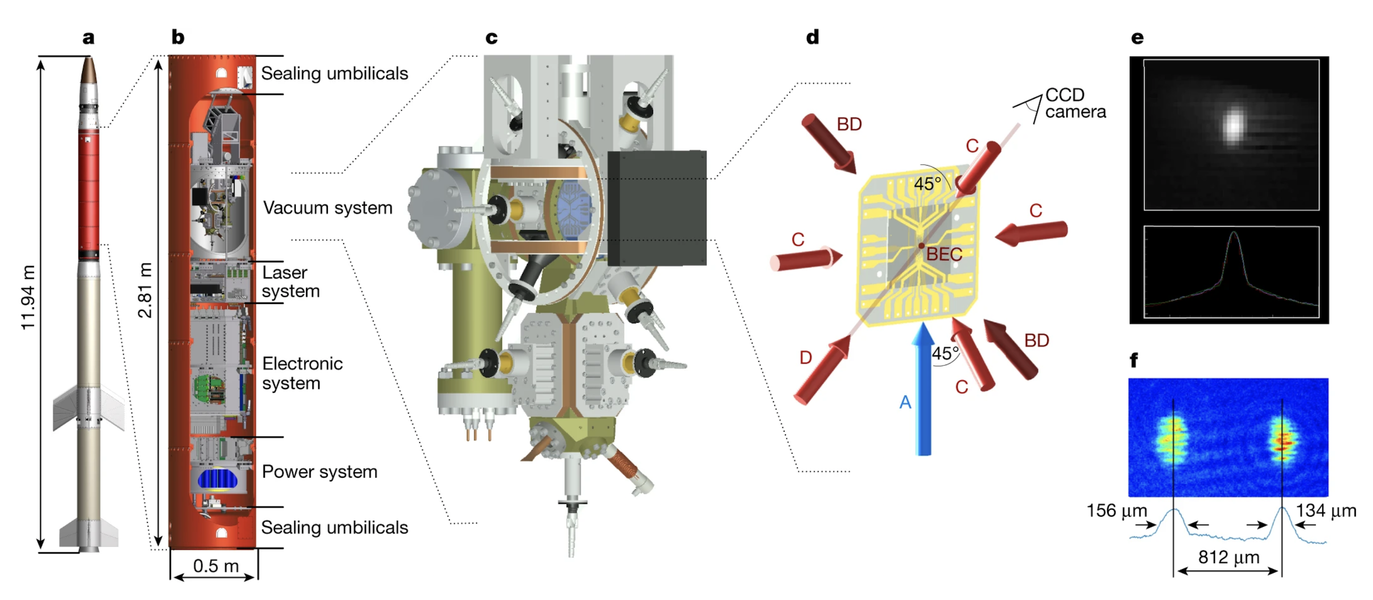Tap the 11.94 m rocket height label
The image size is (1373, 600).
[x=28, y=297]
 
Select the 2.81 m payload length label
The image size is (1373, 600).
[x=145, y=290]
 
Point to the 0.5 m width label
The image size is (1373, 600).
[x=215, y=565]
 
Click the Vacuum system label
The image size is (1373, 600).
[x=327, y=207]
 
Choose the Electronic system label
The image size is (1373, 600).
[x=302, y=373]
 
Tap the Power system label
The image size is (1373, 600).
[x=319, y=471]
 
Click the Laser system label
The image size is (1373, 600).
[x=291, y=282]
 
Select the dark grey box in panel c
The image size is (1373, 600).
[x=656, y=208]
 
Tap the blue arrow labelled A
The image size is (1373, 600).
[x=923, y=388]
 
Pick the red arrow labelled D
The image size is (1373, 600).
[x=822, y=369]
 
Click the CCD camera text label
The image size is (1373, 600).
[x=1074, y=103]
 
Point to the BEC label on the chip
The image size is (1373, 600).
[x=944, y=254]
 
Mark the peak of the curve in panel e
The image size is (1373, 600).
[x=1233, y=232]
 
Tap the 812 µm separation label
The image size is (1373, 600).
[x=1228, y=557]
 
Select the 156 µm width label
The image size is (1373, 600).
[x=1117, y=510]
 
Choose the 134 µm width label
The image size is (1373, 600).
[x=1325, y=510]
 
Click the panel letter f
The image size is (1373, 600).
[x=1133, y=360]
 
